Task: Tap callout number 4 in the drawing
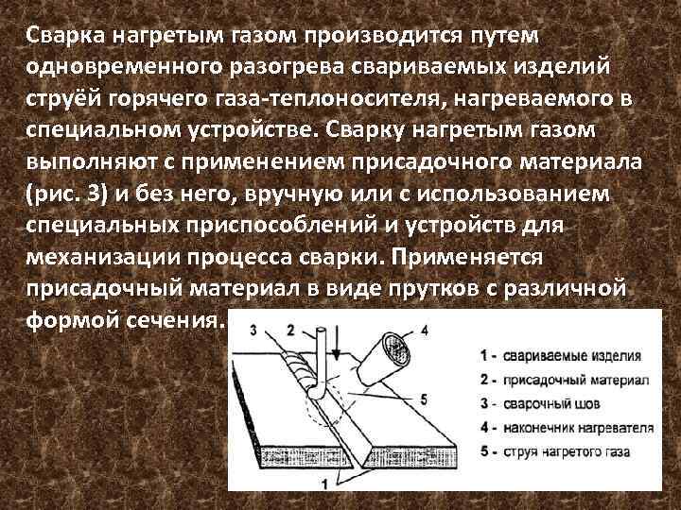click(x=425, y=330)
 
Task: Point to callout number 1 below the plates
click(x=324, y=484)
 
